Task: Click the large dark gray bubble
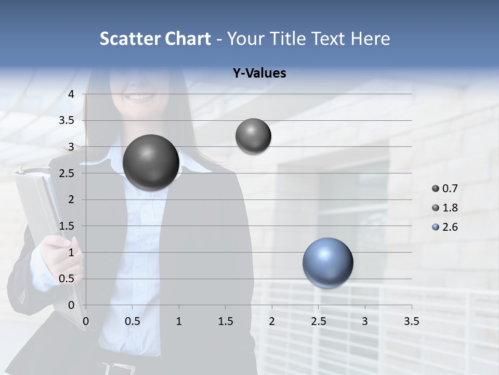(151, 162)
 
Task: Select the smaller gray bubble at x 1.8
(253, 136)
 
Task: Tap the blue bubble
(327, 262)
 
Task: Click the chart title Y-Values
(259, 73)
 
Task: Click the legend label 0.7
(450, 189)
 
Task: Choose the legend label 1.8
(450, 208)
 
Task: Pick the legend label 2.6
(450, 227)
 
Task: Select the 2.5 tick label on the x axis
(318, 321)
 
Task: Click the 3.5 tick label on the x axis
(411, 321)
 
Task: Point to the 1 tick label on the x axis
(179, 321)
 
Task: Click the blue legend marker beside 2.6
(436, 227)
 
